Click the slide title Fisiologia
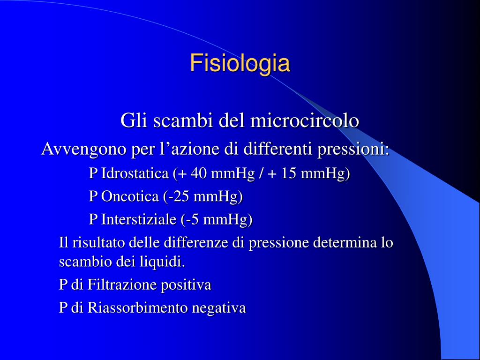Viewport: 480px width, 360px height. (x=240, y=64)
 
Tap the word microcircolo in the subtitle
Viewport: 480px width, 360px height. (x=305, y=120)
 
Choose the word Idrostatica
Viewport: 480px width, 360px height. (x=135, y=173)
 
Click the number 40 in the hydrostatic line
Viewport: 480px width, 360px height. (x=199, y=173)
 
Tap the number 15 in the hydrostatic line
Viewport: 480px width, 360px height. (x=288, y=173)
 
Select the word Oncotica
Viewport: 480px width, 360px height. (x=130, y=196)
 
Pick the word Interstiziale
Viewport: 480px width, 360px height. (x=139, y=219)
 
